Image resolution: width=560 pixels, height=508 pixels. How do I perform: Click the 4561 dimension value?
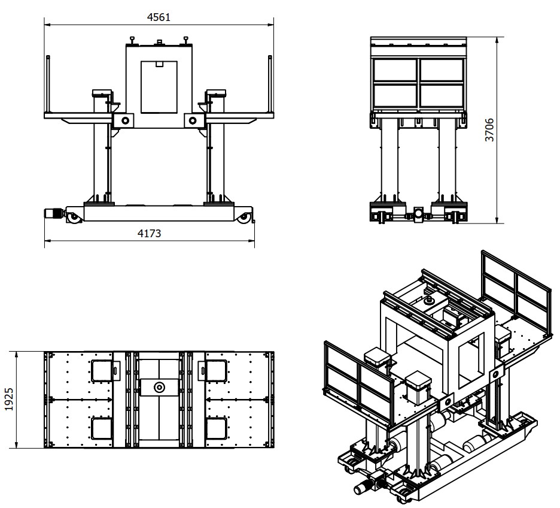point(159,17)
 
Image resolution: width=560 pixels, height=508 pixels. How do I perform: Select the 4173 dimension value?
point(150,234)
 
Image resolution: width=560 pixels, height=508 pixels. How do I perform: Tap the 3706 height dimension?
point(489,130)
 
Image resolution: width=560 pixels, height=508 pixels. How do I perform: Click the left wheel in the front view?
point(73,218)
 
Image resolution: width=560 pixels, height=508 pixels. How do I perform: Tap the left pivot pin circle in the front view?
point(125,120)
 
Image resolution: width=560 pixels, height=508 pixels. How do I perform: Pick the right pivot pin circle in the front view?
point(193,120)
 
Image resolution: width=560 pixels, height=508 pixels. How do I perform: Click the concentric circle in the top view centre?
point(159,387)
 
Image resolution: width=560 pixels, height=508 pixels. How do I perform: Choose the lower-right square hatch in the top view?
point(217,428)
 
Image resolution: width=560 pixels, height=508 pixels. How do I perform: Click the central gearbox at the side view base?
point(418,214)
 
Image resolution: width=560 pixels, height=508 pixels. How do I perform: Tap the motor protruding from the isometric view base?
point(363,488)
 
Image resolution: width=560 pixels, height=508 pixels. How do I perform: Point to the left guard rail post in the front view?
point(48,84)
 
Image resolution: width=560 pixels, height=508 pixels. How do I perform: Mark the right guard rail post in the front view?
point(270,84)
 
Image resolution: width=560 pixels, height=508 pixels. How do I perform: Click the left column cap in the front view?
point(102,93)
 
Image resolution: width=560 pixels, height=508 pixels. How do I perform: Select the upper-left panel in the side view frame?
point(395,69)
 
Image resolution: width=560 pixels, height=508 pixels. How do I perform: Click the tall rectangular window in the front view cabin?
point(159,87)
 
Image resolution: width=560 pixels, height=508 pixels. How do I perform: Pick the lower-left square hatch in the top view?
point(102,428)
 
